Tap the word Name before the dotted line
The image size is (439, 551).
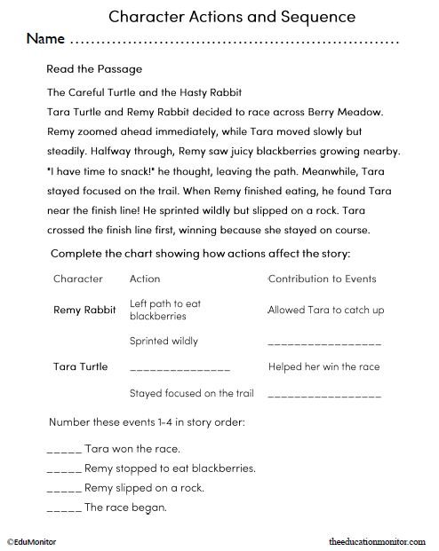click(45, 40)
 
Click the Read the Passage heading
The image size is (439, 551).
click(93, 68)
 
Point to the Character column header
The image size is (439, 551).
click(78, 279)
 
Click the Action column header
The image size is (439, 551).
click(145, 279)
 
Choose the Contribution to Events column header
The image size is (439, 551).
click(322, 279)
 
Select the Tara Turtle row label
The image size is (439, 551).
click(81, 366)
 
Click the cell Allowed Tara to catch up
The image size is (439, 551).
click(324, 311)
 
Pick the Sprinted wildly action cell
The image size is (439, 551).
click(164, 341)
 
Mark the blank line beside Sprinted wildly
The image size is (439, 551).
click(324, 342)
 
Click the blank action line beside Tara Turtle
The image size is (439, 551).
click(180, 368)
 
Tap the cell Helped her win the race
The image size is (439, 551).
click(323, 366)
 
